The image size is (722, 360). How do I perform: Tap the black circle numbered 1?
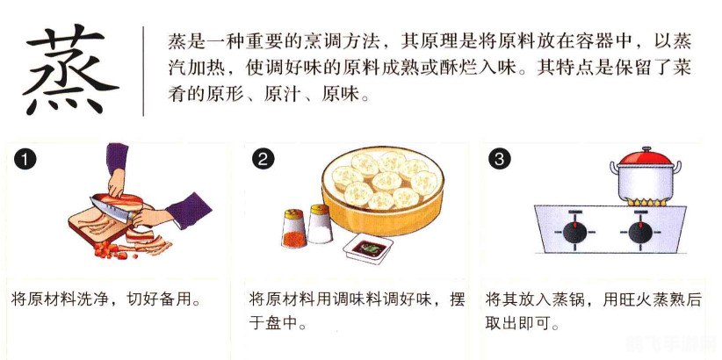(25, 160)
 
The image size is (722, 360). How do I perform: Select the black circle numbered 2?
(264, 160)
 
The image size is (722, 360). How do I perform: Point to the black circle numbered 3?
(500, 160)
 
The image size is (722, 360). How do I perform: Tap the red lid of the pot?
(646, 159)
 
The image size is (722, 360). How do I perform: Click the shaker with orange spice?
(294, 228)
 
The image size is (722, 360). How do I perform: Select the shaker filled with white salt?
(321, 224)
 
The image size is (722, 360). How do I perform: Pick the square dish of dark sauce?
(368, 248)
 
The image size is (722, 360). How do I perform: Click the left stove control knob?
(574, 232)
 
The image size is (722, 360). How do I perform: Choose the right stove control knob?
(640, 232)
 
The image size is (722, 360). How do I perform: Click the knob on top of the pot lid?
(646, 149)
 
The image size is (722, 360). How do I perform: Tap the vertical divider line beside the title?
(143, 71)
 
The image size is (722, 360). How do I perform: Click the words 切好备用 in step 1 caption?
(158, 300)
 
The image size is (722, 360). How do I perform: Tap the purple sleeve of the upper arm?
(117, 157)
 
